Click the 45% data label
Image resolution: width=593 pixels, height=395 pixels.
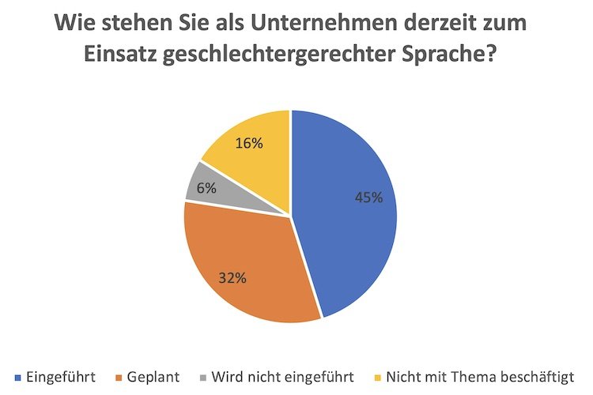(368, 197)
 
